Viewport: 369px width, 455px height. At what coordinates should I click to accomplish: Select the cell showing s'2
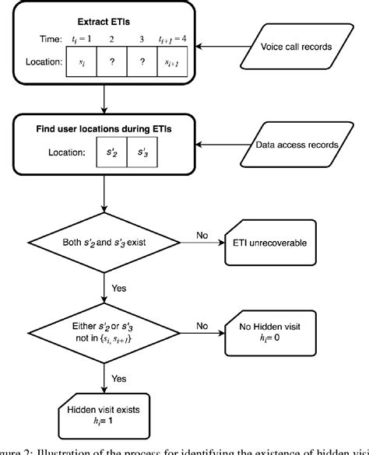(x=112, y=153)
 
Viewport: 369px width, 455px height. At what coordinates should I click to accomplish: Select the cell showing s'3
(x=142, y=153)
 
